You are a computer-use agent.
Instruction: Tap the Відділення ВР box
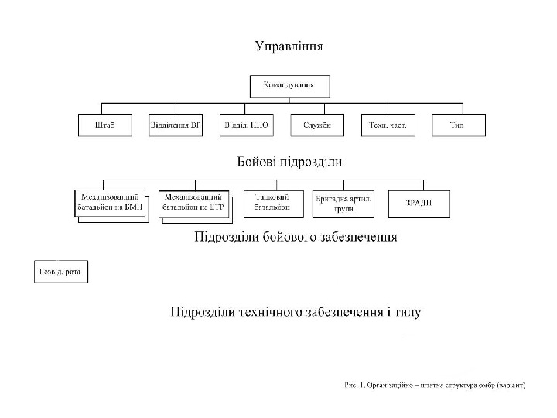pos(176,125)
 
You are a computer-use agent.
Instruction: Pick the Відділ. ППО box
pos(246,125)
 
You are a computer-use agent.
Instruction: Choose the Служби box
pos(317,125)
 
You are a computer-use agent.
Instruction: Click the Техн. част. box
pos(388,125)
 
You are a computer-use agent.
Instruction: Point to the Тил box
pos(457,125)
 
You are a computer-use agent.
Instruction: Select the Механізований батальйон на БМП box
pos(109,203)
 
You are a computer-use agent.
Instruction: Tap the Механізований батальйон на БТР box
pos(195,203)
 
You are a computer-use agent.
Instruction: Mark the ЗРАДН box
pos(419,203)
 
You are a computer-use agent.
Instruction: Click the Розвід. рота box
pos(61,272)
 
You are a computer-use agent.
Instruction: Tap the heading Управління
pos(289,46)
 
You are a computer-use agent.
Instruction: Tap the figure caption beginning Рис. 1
pos(435,385)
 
